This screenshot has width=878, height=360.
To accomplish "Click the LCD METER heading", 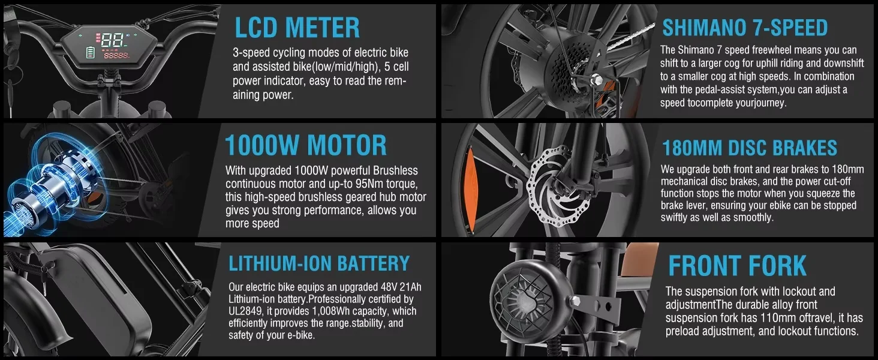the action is click(297, 28).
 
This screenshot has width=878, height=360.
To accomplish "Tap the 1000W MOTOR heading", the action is click(306, 145).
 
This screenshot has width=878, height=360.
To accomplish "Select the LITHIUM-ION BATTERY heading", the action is click(319, 263).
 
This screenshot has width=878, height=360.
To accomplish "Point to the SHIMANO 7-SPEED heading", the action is click(745, 28).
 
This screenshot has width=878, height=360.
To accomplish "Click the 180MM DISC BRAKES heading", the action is click(750, 148).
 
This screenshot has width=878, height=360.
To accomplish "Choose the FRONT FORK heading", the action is click(737, 265).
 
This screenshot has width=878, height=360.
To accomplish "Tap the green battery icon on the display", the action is click(91, 53).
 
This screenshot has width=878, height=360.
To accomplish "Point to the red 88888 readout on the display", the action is click(116, 56).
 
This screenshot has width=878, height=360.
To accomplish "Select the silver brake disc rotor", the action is click(558, 185).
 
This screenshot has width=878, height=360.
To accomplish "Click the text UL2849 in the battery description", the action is click(245, 311).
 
